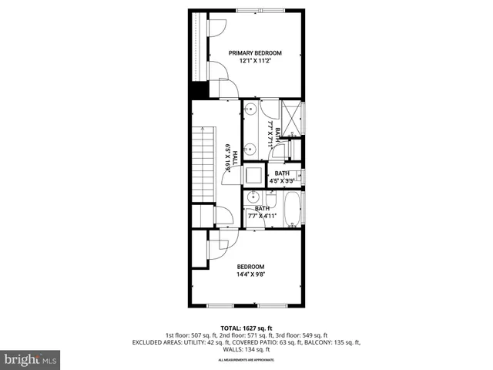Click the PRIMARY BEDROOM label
[x=255, y=52]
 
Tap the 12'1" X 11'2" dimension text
[x=255, y=61]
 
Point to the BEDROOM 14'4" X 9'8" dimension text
[x=251, y=272]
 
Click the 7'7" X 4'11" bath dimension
[x=263, y=217]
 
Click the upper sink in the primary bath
[x=250, y=111]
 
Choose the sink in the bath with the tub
[x=252, y=199]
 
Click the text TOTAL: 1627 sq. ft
[x=246, y=328]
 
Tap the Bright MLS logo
[x=31, y=359]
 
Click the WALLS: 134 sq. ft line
[x=246, y=348]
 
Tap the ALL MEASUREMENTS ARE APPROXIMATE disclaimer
[x=246, y=360]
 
